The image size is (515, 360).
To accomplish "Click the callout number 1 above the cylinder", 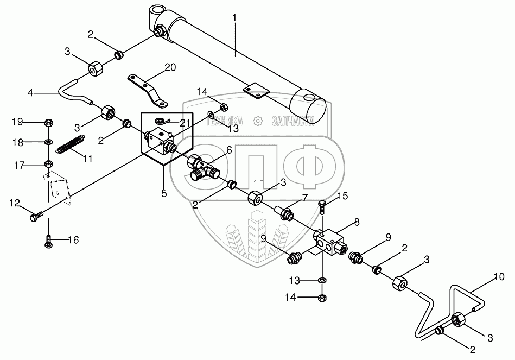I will (234, 17).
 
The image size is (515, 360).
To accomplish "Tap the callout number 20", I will (170, 67).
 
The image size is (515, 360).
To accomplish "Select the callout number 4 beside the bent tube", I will (30, 93).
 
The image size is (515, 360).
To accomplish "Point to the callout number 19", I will (18, 121).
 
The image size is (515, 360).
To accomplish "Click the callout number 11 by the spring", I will (87, 158).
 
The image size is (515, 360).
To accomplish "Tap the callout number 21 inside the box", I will (185, 123).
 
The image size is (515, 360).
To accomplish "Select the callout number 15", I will (342, 195).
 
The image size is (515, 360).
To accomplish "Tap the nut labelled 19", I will (48, 121).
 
